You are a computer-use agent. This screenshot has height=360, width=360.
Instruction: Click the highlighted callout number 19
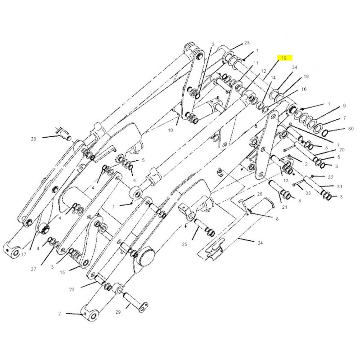click(x=284, y=58)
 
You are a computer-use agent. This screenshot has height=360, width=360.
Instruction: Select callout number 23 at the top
click(x=247, y=43)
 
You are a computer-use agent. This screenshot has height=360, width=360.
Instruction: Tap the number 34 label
click(x=295, y=67)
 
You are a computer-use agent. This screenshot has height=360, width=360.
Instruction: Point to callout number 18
click(x=306, y=76)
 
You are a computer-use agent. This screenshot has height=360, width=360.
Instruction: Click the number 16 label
click(x=304, y=90)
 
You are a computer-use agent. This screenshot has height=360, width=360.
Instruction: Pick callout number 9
click(x=344, y=106)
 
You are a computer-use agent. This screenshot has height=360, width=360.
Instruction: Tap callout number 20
click(x=342, y=150)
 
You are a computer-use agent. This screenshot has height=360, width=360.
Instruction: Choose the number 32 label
click(x=330, y=177)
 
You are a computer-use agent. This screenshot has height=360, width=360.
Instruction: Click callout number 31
click(x=340, y=187)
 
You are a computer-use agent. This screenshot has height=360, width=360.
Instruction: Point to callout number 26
click(x=260, y=194)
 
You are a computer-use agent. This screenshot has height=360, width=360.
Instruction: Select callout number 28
click(x=33, y=139)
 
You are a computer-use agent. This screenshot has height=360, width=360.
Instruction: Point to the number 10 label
click(x=171, y=130)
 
